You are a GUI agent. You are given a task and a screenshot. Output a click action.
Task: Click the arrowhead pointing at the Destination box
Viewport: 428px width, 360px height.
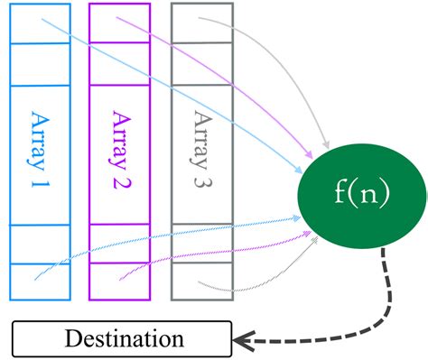pos(242,340)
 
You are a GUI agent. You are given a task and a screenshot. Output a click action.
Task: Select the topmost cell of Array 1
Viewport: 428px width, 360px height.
pos(41,23)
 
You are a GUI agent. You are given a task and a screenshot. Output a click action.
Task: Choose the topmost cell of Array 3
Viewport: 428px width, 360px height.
pos(200,23)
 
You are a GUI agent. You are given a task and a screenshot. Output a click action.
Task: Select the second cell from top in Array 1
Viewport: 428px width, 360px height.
pos(41,63)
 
